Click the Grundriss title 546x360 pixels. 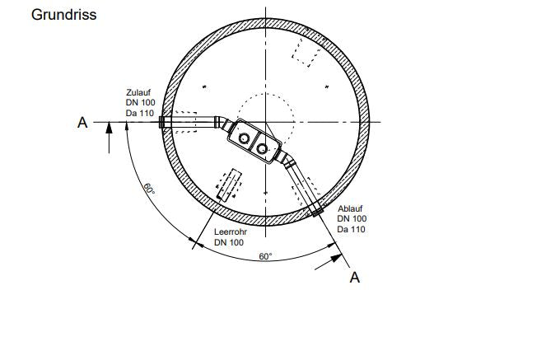click(63, 15)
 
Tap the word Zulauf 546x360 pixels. click(138, 92)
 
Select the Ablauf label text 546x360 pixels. click(350, 208)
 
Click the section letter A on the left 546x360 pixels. click(82, 123)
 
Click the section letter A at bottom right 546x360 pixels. click(354, 278)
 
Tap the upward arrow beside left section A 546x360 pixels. click(109, 138)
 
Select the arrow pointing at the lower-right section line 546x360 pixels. click(329, 262)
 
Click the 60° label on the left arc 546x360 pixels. click(149, 189)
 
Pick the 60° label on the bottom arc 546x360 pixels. click(265, 256)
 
